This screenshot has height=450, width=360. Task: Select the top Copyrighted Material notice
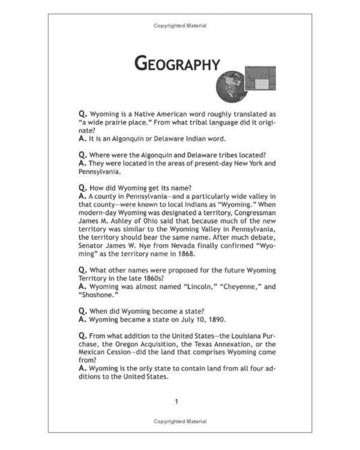click(x=180, y=26)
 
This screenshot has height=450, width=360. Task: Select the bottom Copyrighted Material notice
click(x=180, y=422)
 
